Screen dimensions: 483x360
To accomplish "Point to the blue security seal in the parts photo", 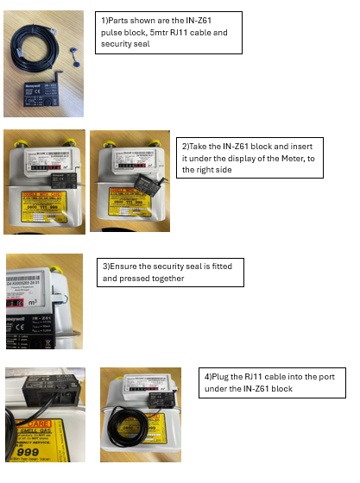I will pos(73,61).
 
